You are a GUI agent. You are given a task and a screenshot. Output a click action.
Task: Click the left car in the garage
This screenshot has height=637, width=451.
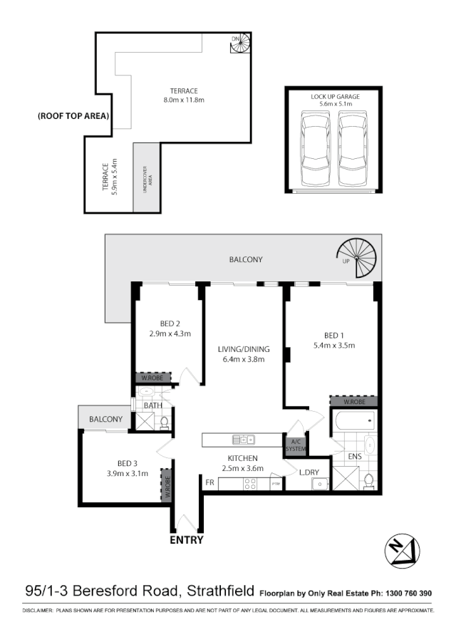coord(315,149)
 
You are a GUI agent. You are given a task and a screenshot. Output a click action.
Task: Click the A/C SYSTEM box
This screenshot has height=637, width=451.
coord(296,445)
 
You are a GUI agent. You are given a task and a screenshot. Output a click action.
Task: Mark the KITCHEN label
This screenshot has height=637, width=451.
coord(243,458)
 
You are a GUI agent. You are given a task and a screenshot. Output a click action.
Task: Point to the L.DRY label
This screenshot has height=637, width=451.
coord(309,472)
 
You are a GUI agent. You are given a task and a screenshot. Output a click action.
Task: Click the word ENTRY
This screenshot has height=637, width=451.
coord(186,540)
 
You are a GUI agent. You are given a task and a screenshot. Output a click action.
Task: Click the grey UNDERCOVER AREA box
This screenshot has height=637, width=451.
coord(147,177)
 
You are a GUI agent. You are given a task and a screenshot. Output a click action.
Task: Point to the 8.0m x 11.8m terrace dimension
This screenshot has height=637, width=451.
coord(183,100)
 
